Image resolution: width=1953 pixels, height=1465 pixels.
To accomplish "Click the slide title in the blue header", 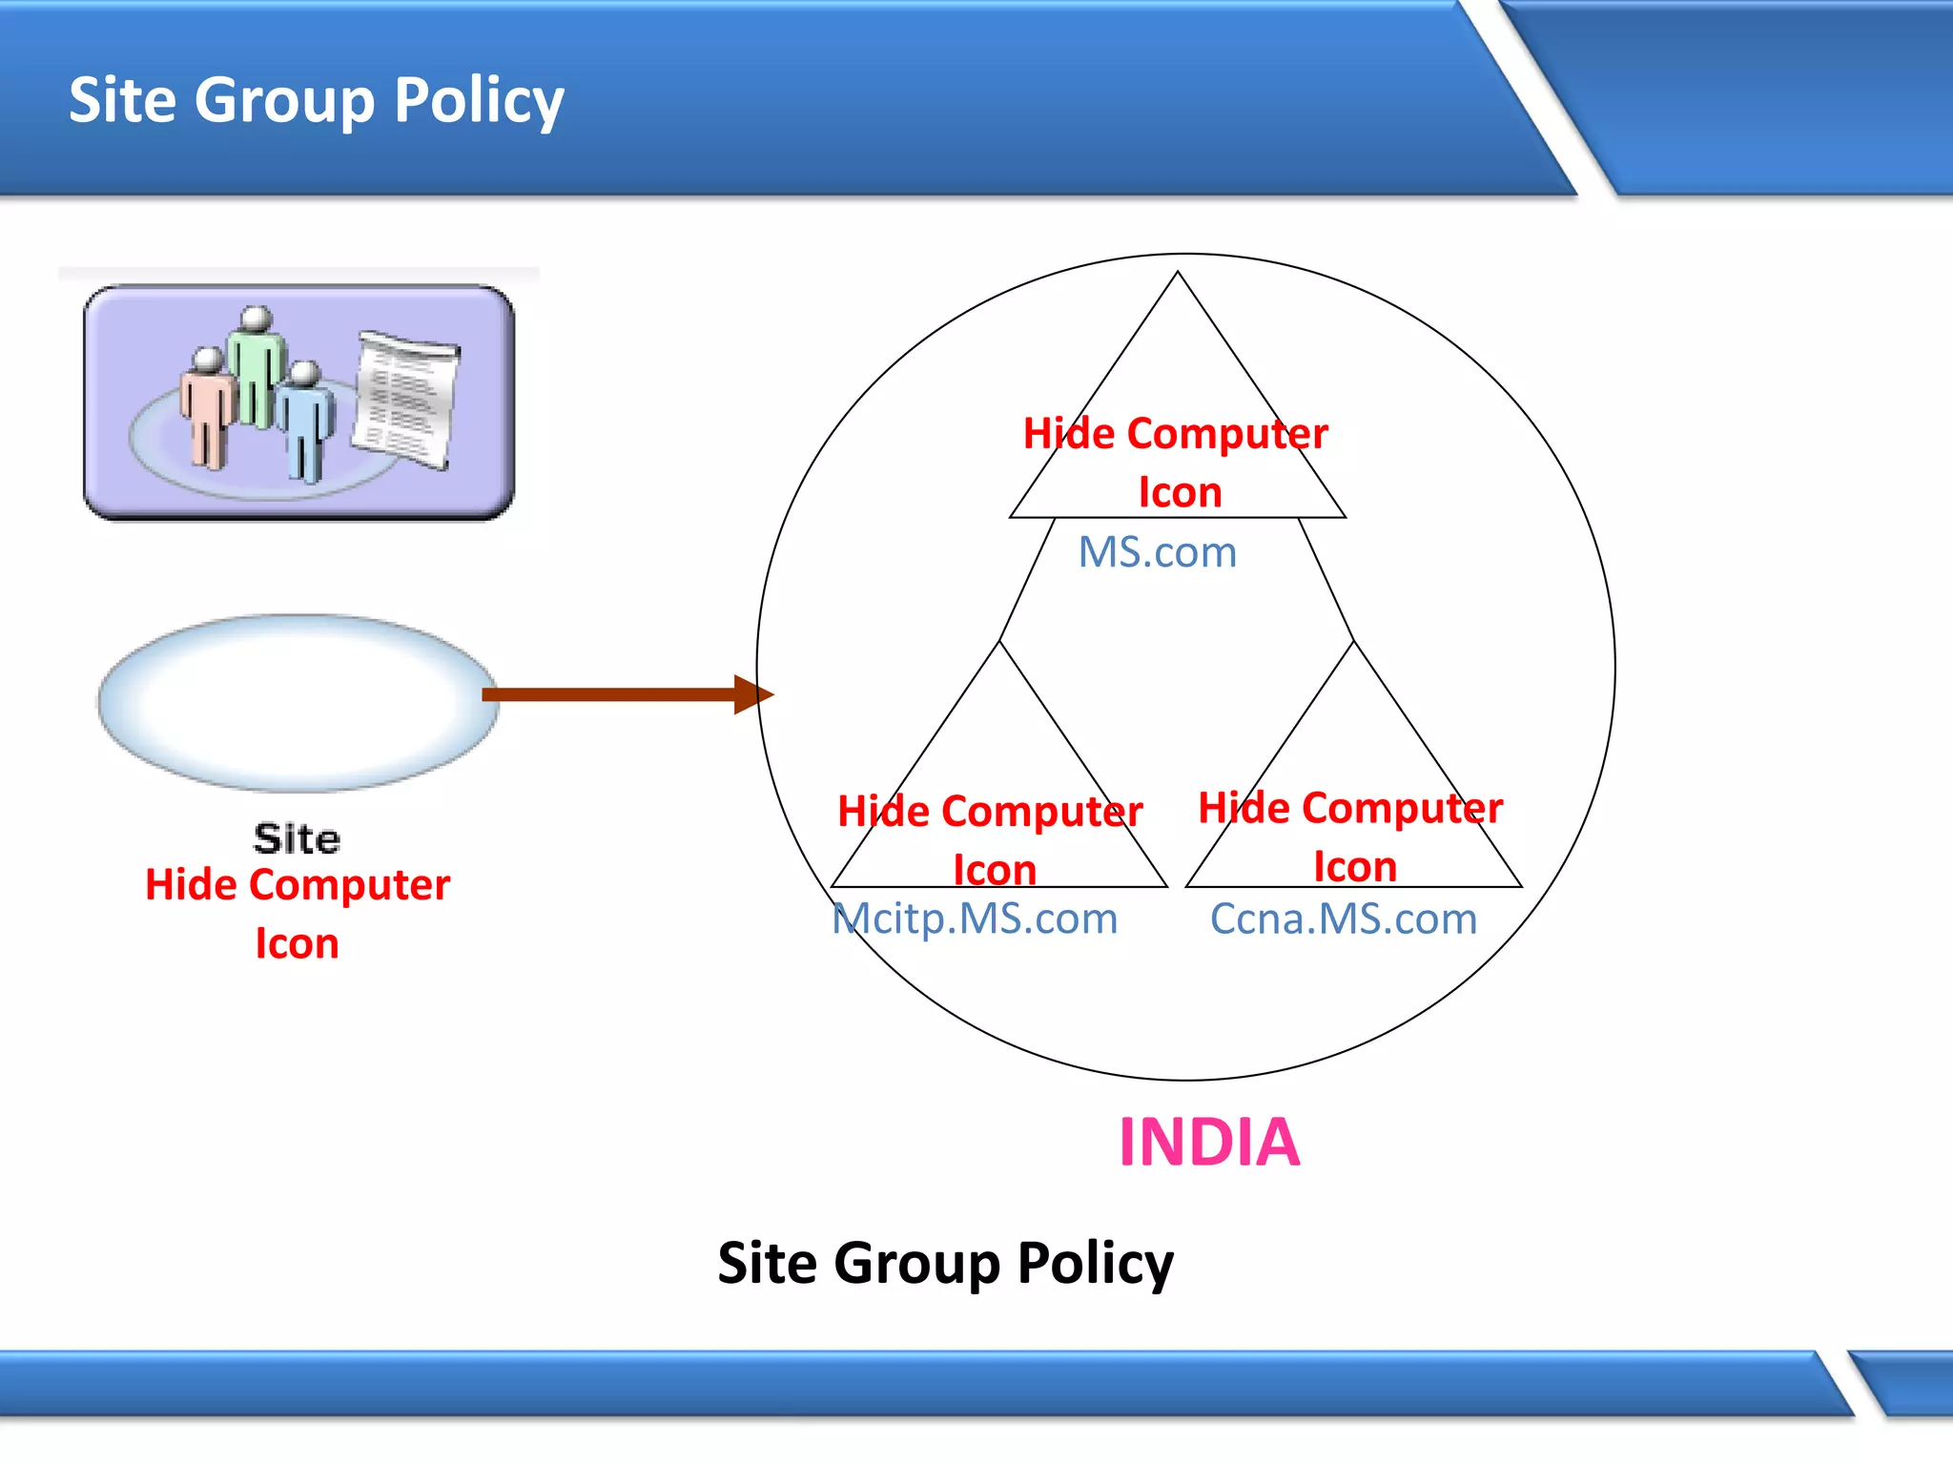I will click(x=316, y=101).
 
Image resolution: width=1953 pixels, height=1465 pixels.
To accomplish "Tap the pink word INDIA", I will click(x=1209, y=1142).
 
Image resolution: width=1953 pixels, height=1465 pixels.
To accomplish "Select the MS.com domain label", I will click(x=1157, y=552).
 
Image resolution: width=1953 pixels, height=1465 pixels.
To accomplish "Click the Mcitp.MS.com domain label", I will click(x=975, y=918).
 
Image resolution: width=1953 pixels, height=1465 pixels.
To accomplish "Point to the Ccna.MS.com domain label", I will click(x=1343, y=918).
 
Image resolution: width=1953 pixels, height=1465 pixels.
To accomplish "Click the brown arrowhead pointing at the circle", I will click(x=753, y=694).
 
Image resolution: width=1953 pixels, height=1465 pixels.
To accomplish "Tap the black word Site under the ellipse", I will click(x=297, y=838).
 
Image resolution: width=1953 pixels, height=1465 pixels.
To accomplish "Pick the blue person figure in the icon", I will click(x=305, y=420).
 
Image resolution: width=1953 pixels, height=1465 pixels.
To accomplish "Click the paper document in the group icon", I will click(x=405, y=401).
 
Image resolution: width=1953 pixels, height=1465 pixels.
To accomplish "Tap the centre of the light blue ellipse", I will click(x=298, y=703).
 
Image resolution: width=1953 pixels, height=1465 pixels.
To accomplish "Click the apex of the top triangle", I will click(x=1178, y=274).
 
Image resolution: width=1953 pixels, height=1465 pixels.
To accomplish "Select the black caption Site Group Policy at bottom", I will click(x=945, y=1263).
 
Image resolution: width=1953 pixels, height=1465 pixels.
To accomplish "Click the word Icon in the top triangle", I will click(x=1180, y=492).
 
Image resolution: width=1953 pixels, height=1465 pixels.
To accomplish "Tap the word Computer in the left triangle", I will click(x=1041, y=812).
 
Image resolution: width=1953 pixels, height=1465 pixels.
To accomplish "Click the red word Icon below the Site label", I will click(x=297, y=943).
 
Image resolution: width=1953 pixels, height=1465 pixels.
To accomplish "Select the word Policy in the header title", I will click(x=479, y=101).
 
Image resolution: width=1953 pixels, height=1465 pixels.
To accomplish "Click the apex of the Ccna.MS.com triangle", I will click(x=1353, y=642).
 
